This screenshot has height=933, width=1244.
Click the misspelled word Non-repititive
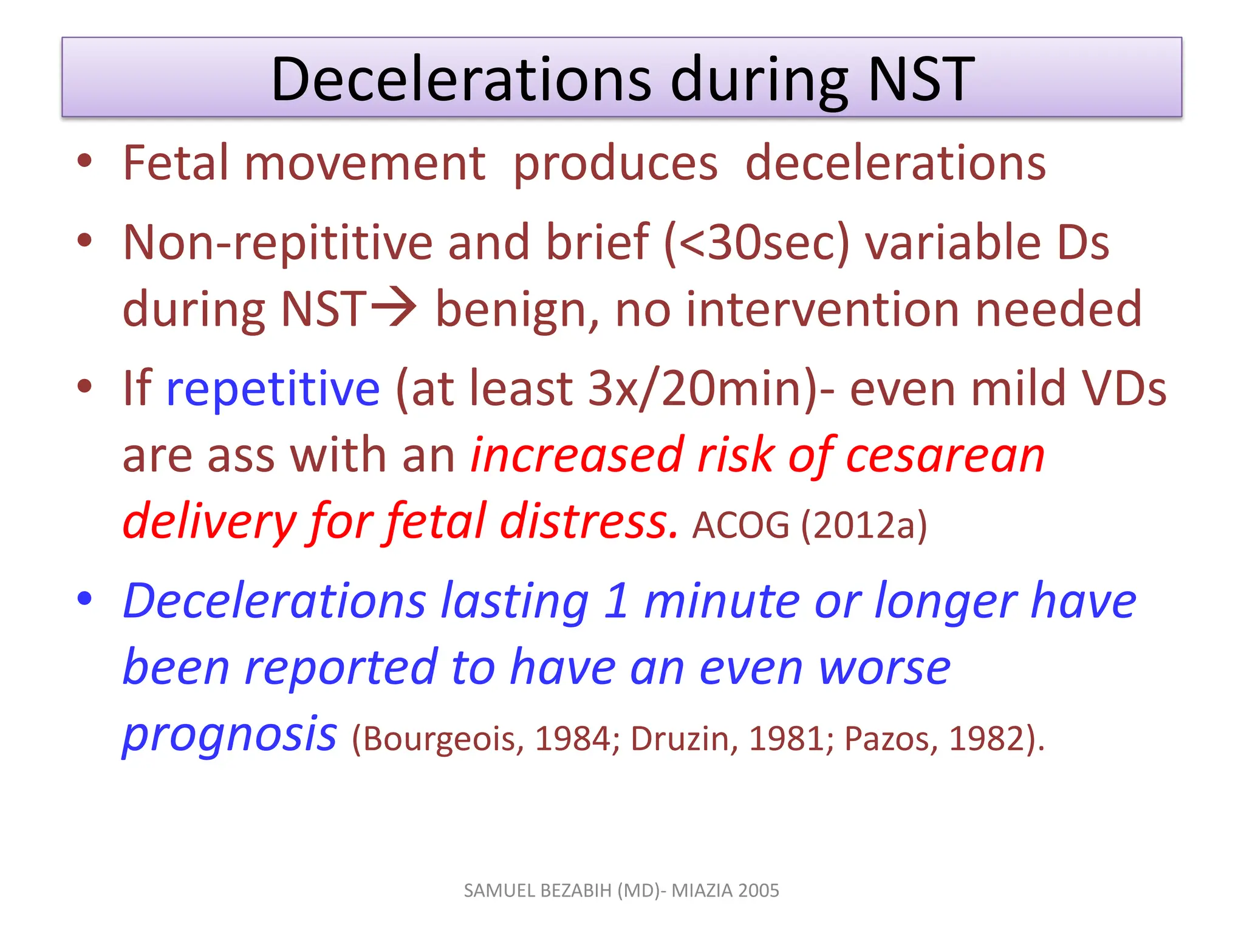(278, 242)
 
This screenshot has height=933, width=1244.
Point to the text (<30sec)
(756, 242)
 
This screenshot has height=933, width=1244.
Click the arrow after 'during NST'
(394, 307)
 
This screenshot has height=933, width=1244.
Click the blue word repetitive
(273, 389)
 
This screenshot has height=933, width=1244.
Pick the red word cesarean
(945, 456)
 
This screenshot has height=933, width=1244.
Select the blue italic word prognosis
(230, 734)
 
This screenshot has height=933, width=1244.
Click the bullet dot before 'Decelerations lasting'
(84, 599)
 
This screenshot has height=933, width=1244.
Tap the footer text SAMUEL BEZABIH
(538, 890)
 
